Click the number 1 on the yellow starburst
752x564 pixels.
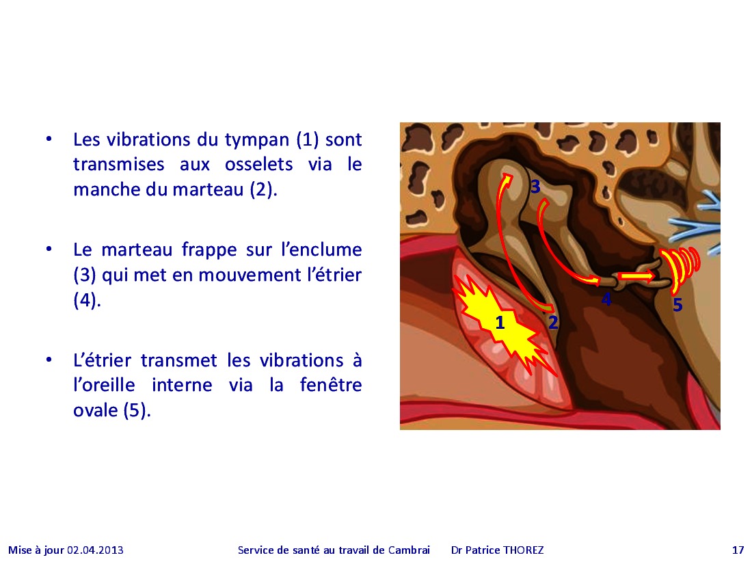(500, 323)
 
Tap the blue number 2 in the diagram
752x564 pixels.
(553, 322)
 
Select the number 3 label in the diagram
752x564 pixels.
(535, 187)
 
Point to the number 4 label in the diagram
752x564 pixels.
(606, 299)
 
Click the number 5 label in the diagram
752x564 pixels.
(677, 304)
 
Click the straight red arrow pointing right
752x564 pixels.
(636, 276)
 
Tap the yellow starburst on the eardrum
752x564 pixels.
(501, 324)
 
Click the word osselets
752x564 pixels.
(259, 165)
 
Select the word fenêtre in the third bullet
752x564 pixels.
(331, 385)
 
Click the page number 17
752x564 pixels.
(738, 550)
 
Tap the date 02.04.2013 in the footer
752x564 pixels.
(95, 550)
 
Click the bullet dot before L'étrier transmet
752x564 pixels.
(49, 360)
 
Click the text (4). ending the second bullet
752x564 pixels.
(87, 300)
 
